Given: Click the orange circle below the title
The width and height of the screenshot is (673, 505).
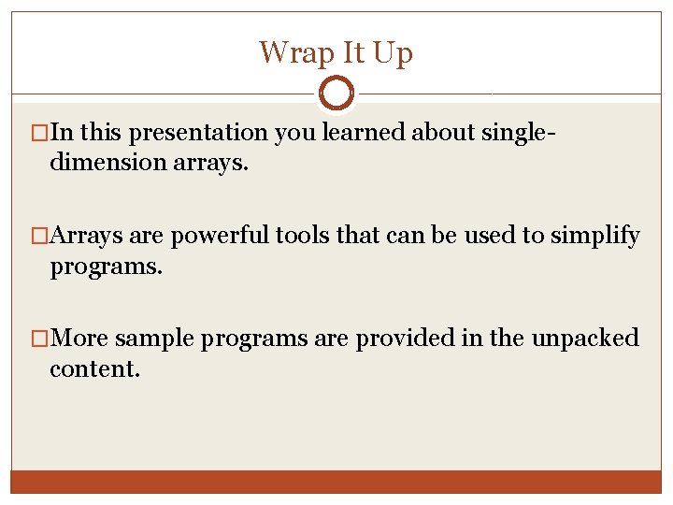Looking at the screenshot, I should coord(336,94).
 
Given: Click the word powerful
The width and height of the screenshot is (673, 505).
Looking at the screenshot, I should coord(221,237).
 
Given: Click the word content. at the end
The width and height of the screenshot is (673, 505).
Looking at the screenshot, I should coord(94,368).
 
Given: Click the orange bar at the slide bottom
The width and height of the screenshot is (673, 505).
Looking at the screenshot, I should coord(336,482).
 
